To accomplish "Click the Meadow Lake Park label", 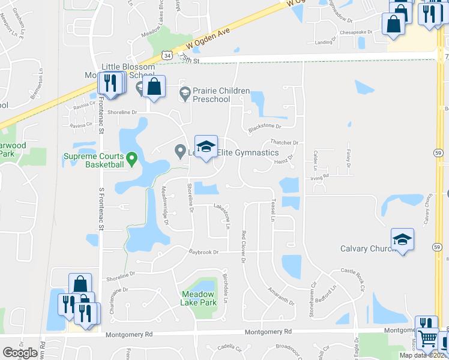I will coord(198,298).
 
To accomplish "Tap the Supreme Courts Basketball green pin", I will coord(132,159).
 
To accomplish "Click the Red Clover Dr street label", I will coord(244,247).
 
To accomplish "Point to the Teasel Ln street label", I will coord(273,209).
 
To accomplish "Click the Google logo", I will coord(20,353).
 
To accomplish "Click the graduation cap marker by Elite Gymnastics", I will coord(206,146).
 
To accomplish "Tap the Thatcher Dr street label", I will coord(285,142).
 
